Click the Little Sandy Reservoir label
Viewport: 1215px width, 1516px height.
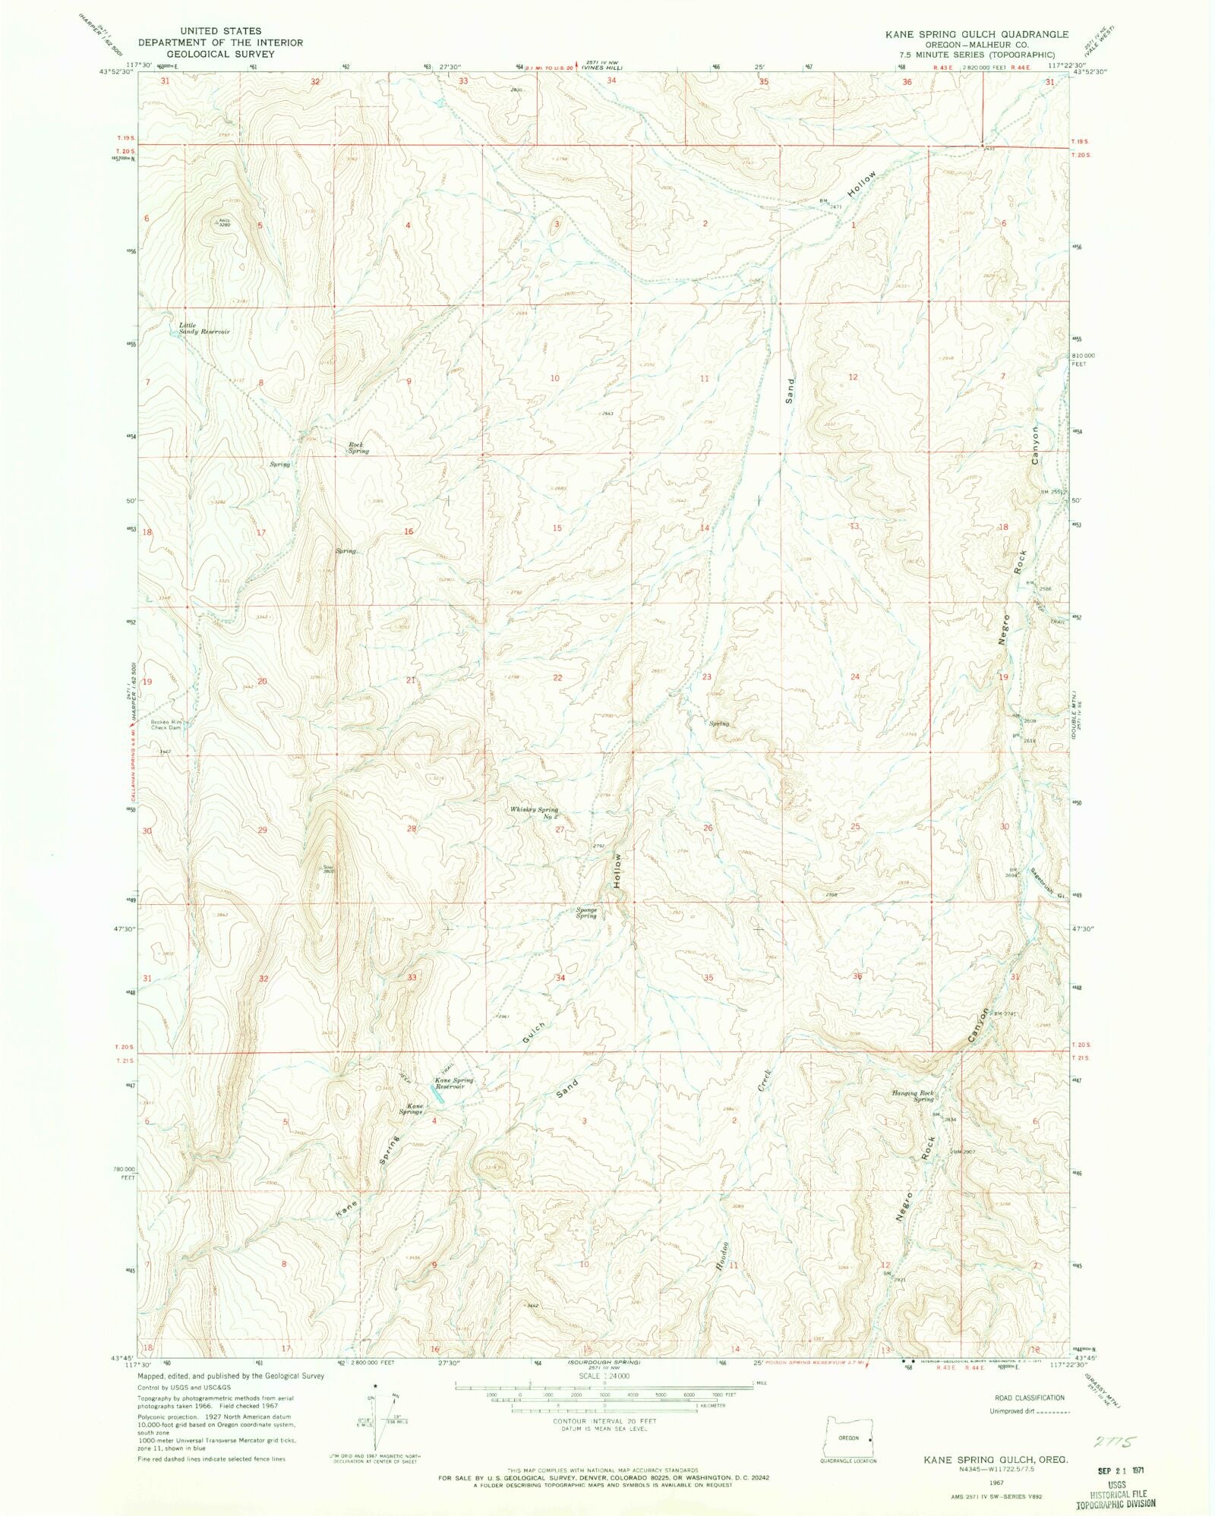click(204, 329)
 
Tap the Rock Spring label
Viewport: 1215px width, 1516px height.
click(358, 448)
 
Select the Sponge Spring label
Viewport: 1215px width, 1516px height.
click(586, 912)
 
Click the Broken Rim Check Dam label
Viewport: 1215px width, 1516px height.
click(166, 724)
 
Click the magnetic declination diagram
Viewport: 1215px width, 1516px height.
click(383, 1413)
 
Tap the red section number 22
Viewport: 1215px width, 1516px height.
click(557, 677)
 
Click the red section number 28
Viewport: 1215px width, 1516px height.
click(412, 828)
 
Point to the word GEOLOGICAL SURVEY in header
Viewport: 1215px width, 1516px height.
click(227, 54)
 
